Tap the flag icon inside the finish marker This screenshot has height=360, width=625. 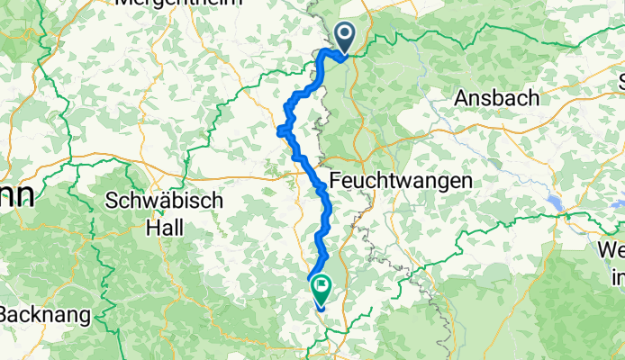pos(321,283)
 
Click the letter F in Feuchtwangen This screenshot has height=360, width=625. pos(336,181)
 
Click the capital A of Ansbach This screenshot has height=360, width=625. pos(464,97)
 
